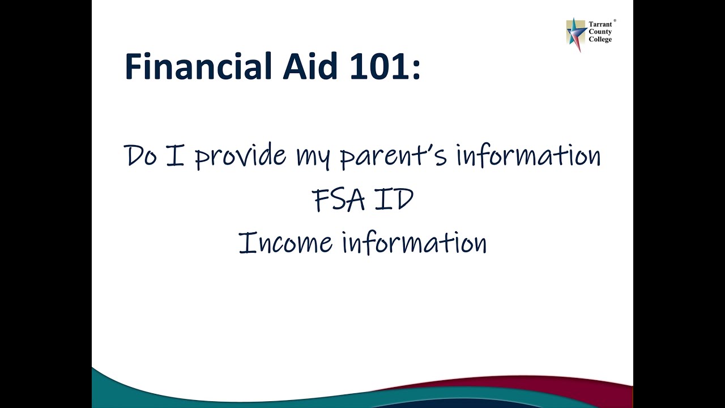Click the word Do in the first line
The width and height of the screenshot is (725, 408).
pyautogui.click(x=140, y=155)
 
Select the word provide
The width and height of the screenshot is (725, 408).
pyautogui.click(x=241, y=156)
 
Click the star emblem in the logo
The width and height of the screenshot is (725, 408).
pyautogui.click(x=576, y=33)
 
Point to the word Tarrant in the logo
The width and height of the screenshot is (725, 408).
pyautogui.click(x=600, y=25)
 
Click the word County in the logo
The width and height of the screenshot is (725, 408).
pyautogui.click(x=600, y=32)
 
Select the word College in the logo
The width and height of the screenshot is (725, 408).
pyautogui.click(x=600, y=40)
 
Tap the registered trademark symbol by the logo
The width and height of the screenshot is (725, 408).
pyautogui.click(x=615, y=20)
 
